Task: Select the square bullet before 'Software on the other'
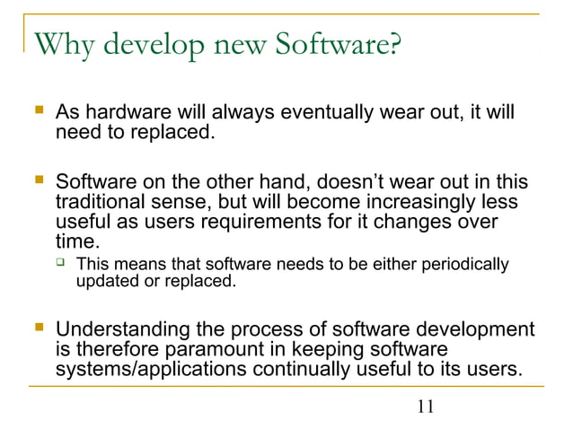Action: [38, 182]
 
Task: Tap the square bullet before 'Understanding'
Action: [38, 330]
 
